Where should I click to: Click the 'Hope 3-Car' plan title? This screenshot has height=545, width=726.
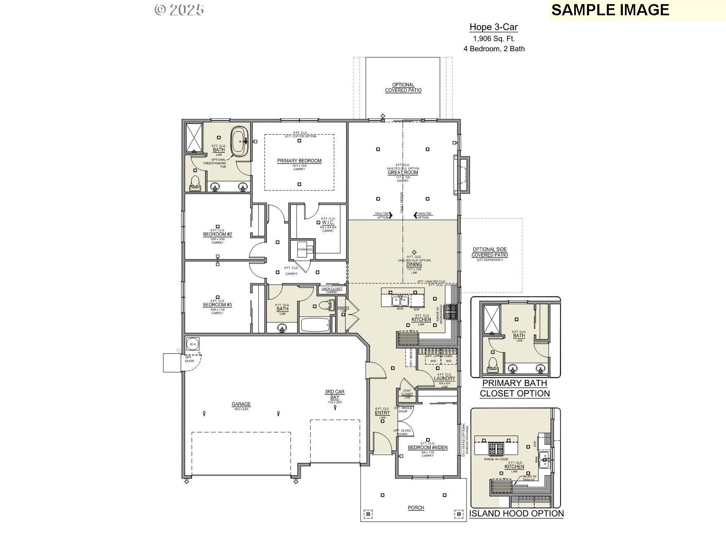(x=493, y=27)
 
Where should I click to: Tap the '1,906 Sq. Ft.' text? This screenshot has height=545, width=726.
(x=494, y=39)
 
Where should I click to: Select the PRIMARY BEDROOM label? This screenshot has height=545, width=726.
(x=299, y=161)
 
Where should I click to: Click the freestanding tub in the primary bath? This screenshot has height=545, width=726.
(x=239, y=142)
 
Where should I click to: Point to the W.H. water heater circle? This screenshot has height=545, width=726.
(x=193, y=344)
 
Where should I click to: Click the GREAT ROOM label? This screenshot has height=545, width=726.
(x=403, y=173)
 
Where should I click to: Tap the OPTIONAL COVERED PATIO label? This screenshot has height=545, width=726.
(x=403, y=88)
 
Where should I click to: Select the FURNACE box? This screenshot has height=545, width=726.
(x=305, y=249)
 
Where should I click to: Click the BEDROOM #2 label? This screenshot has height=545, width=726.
(x=217, y=235)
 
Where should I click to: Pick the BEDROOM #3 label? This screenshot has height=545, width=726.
(x=217, y=305)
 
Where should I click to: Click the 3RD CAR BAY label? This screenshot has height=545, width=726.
(x=335, y=394)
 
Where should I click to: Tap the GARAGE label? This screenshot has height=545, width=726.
(x=241, y=404)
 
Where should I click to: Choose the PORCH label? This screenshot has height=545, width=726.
(x=416, y=508)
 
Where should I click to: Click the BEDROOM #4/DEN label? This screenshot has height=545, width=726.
(x=428, y=448)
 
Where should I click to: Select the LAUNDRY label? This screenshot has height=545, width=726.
(x=445, y=378)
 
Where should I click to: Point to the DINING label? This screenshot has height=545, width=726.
(x=414, y=265)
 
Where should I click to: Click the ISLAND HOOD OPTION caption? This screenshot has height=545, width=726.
(x=516, y=514)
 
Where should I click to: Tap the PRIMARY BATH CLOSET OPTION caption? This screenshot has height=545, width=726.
(x=515, y=388)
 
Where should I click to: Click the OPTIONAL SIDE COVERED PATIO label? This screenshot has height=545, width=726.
(x=490, y=252)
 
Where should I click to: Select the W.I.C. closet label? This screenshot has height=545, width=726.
(x=328, y=223)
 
